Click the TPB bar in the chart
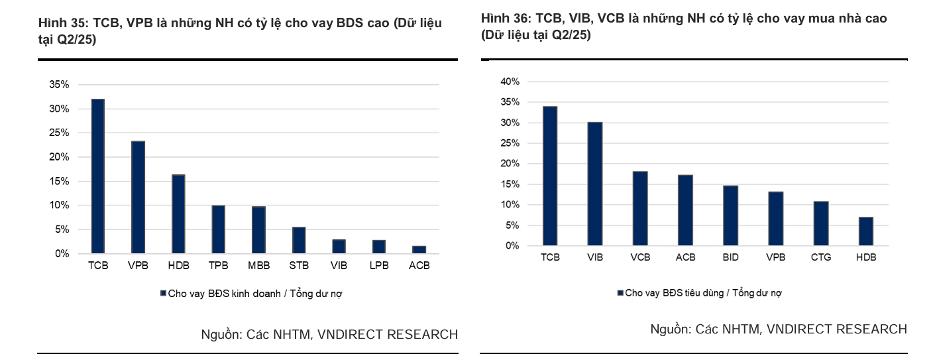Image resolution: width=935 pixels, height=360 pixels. pos(218,229)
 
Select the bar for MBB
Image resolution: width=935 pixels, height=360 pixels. pos(258,230)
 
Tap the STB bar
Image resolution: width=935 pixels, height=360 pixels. pos(299,240)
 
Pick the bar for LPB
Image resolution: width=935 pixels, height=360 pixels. pos(379,247)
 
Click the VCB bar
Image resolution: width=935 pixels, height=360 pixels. pos(639,209)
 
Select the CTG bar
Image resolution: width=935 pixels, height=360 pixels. pos(821,223)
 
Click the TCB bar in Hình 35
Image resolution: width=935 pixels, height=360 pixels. pos(97,176)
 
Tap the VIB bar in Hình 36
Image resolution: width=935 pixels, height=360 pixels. pos(594,184)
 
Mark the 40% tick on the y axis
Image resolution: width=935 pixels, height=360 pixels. pos(510,82)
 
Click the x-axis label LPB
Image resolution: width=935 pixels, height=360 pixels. pos(379,265)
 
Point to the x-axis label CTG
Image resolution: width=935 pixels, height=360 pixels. pos(821,257)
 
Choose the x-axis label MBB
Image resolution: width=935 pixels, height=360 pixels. pos(258,265)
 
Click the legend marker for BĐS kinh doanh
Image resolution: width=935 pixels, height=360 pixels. pos(163,293)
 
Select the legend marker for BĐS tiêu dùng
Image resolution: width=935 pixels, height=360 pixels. pos(620,292)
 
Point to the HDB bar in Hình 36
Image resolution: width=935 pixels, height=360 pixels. pos(866,231)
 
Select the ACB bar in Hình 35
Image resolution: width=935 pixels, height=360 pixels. pos(419,249)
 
